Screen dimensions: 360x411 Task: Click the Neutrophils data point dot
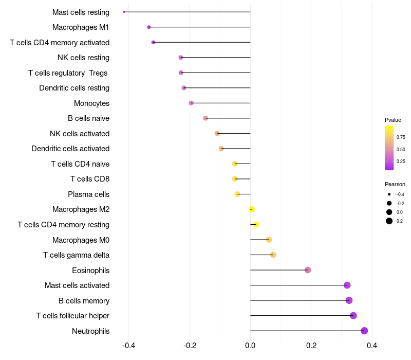click(x=364, y=331)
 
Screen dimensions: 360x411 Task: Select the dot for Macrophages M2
click(x=252, y=209)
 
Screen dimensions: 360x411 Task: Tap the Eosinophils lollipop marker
click(x=308, y=270)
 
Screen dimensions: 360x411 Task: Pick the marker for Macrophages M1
click(x=149, y=27)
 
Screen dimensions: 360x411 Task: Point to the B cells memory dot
click(x=349, y=300)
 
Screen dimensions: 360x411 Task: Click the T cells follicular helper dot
click(x=353, y=316)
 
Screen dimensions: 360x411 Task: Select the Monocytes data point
click(x=191, y=103)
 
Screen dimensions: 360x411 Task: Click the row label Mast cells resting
click(x=81, y=12)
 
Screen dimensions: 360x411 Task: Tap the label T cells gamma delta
click(x=76, y=255)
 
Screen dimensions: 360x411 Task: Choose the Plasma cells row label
click(x=88, y=194)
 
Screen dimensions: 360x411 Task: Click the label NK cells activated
click(x=80, y=134)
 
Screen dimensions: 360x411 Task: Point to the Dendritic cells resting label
click(x=74, y=88)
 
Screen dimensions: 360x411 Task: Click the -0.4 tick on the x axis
click(x=128, y=346)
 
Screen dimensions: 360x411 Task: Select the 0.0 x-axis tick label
click(x=250, y=346)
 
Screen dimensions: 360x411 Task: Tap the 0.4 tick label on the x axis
click(x=372, y=346)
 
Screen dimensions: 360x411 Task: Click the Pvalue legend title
click(x=393, y=120)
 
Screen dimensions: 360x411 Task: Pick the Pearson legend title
click(x=395, y=184)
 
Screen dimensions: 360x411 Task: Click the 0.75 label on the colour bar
click(x=401, y=137)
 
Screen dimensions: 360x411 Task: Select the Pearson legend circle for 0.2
click(x=389, y=221)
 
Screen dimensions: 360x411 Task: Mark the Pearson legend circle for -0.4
click(x=389, y=194)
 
